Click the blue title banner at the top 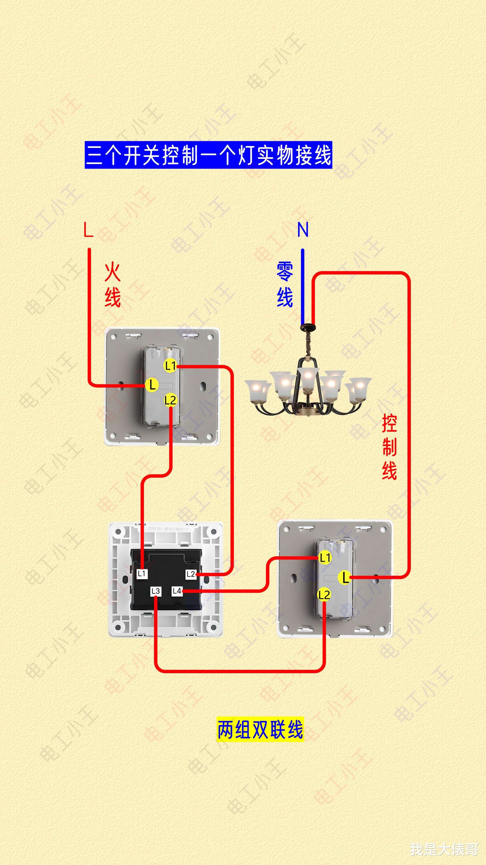[208, 155]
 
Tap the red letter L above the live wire [88, 230]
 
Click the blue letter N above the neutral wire [303, 230]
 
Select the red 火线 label [112, 285]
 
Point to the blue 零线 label [285, 285]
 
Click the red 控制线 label [389, 447]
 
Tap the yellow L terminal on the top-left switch [152, 385]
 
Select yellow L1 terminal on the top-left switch [170, 365]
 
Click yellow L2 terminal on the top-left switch [170, 400]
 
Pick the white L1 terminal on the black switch [142, 573]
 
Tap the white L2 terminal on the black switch [191, 574]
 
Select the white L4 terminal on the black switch [177, 591]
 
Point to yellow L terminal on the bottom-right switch [345, 578]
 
